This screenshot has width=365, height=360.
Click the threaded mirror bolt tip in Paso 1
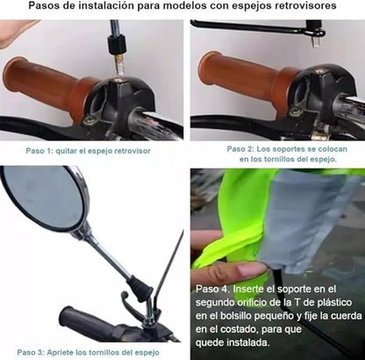tap(119, 67)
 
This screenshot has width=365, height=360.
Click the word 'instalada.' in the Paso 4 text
tap(247, 342)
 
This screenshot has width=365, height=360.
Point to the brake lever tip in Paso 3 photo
tap(124, 294)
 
